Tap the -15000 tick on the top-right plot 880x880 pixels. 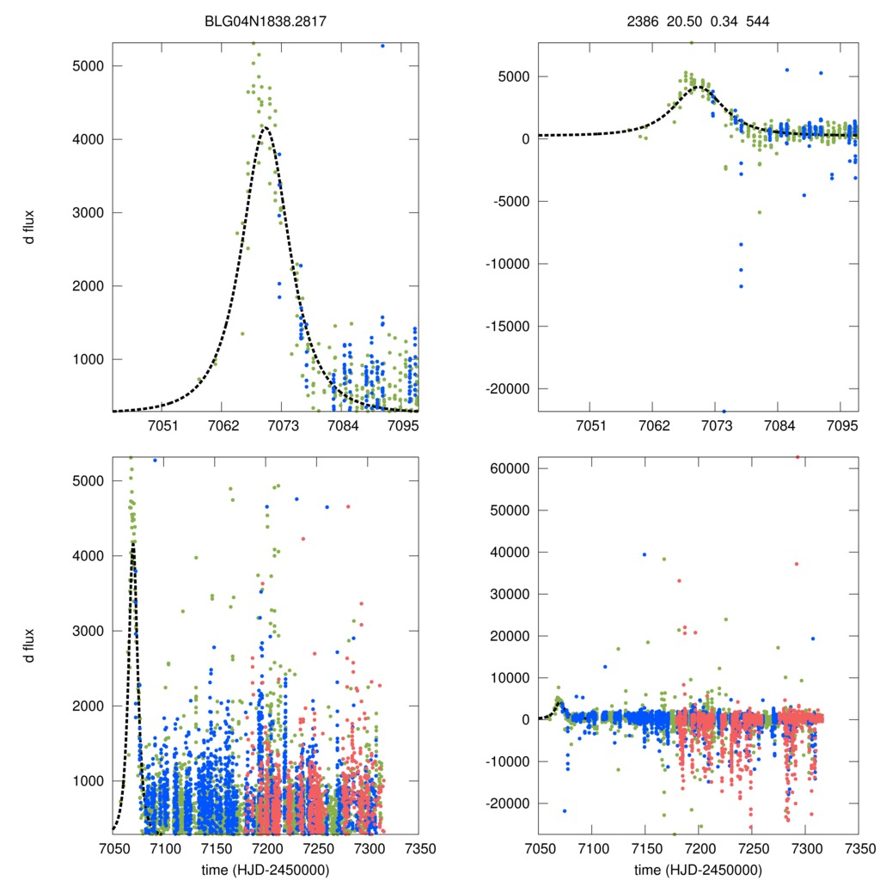507,326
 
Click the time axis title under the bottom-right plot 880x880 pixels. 699,869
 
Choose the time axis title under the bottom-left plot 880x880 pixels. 266,869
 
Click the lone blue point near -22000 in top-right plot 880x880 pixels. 724,412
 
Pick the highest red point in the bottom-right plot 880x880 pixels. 797,457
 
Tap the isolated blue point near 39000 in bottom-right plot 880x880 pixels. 645,554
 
